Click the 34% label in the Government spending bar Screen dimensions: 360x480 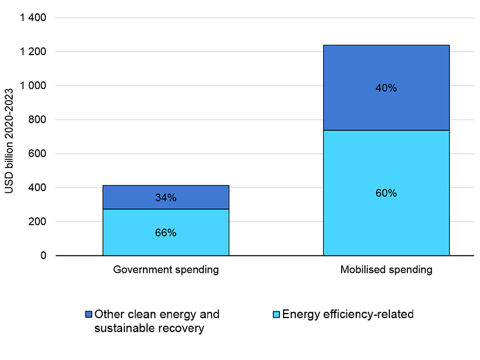click(166, 198)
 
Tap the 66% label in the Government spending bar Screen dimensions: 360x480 click(166, 233)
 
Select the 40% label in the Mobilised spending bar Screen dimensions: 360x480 click(386, 88)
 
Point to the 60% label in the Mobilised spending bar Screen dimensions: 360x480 click(386, 193)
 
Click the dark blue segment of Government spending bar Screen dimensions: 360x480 click(134, 197)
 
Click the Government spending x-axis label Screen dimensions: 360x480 click(166, 270)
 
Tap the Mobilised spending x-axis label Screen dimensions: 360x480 click(386, 270)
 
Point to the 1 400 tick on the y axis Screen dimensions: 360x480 click(33, 18)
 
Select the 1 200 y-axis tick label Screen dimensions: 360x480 click(33, 52)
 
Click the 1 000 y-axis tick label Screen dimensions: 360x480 click(33, 86)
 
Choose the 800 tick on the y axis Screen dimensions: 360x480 click(38, 120)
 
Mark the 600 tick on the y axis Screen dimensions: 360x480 click(38, 154)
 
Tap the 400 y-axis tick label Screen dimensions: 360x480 click(38, 188)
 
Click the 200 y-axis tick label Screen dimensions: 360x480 click(38, 222)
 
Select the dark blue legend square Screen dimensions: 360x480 click(89, 315)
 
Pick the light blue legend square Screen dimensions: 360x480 click(276, 315)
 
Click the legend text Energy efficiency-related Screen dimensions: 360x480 click(348, 315)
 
